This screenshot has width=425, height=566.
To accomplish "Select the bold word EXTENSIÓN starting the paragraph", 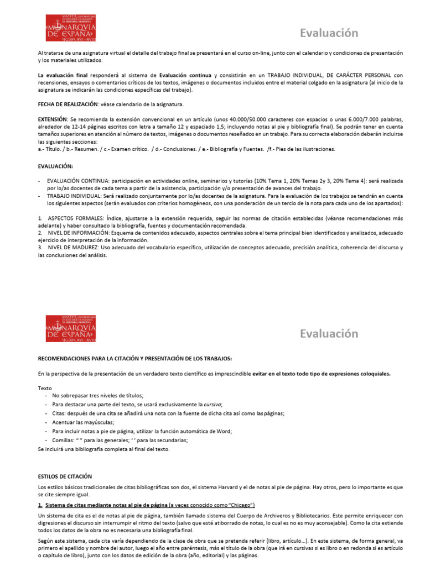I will coord(51,119).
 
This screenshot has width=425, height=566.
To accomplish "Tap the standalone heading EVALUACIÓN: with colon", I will coord(55,165).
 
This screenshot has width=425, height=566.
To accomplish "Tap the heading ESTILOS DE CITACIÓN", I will coord(65,476).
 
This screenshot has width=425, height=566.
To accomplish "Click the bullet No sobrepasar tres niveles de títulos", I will coord(97,396).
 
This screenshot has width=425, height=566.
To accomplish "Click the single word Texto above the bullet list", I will coord(45,388).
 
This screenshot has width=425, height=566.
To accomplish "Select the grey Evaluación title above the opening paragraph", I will coord(329,33).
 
